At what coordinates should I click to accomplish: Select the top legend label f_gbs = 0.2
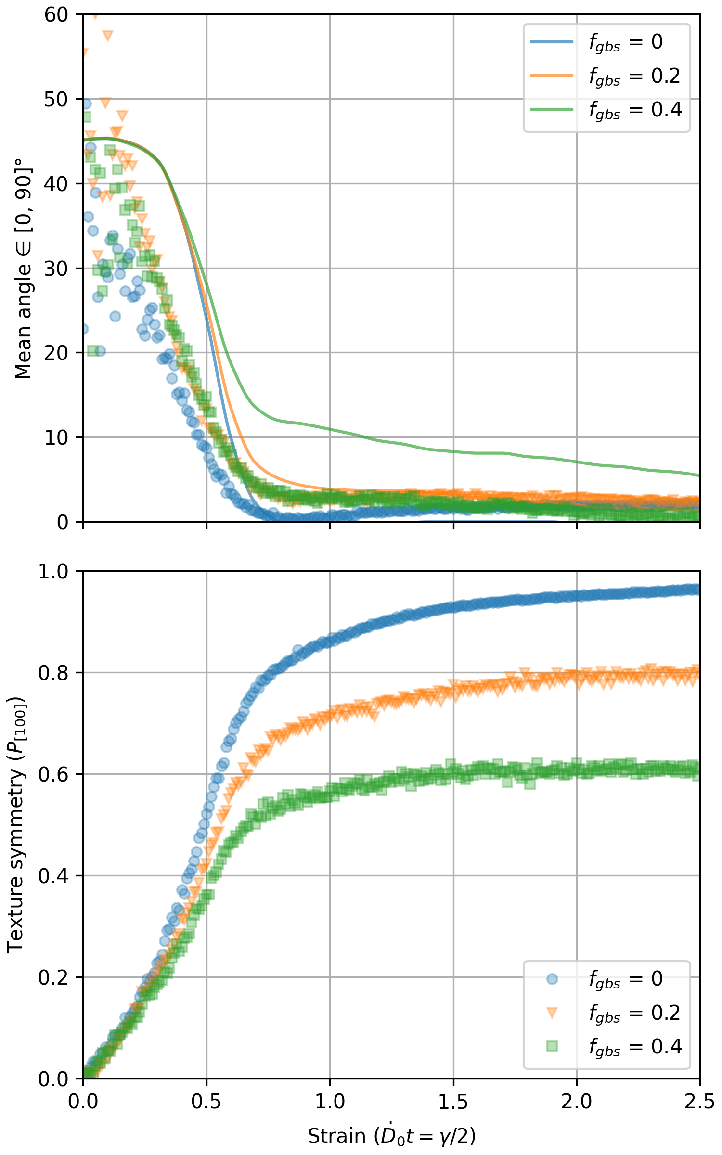coord(635,76)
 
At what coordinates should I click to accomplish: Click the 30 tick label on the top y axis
coord(57,268)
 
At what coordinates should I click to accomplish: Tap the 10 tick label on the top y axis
coord(57,437)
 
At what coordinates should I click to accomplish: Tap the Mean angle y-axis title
coord(23,268)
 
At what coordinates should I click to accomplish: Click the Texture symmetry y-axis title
coord(16,825)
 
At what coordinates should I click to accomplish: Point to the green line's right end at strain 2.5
coord(699,475)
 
